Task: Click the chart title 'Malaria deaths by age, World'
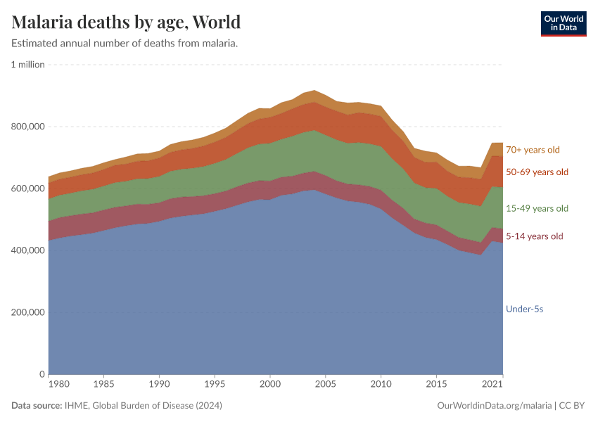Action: point(127,22)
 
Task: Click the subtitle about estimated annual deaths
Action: point(125,44)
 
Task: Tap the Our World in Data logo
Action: point(563,23)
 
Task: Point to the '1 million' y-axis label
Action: point(28,65)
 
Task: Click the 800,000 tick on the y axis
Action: point(28,127)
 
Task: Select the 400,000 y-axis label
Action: point(28,250)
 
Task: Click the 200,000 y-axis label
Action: point(28,312)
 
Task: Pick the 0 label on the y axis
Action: point(42,374)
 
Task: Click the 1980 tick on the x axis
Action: point(59,385)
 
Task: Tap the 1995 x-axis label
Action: point(215,385)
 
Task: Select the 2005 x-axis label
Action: point(326,385)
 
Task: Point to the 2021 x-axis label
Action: point(492,385)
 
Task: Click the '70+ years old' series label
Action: point(533,150)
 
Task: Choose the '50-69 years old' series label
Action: point(537,172)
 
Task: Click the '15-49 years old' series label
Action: point(537,209)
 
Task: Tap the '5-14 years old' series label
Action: point(535,236)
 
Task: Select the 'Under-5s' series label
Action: point(525,309)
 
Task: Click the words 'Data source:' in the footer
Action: point(37,406)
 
